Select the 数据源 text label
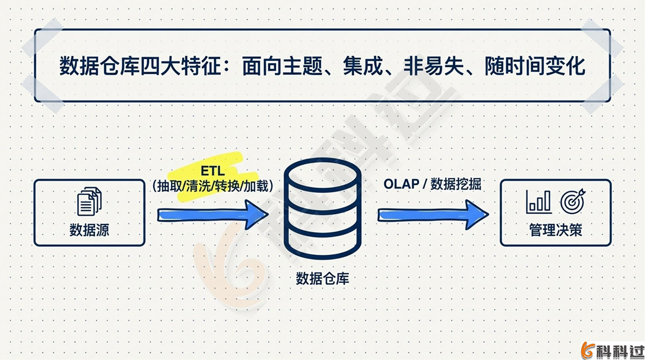click(89, 231)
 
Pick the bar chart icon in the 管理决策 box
click(539, 201)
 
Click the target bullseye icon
click(572, 201)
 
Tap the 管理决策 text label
click(555, 231)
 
